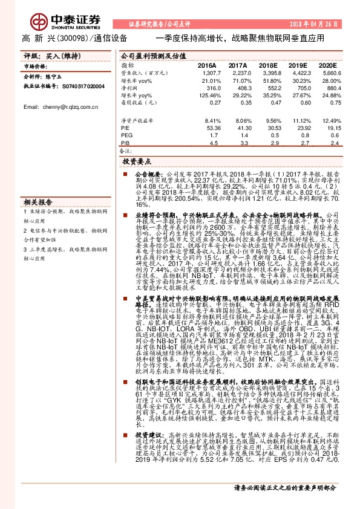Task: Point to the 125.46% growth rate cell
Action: point(205,95)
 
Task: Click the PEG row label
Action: point(126,135)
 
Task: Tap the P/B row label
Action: point(126,143)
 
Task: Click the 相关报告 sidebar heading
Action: point(38,202)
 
